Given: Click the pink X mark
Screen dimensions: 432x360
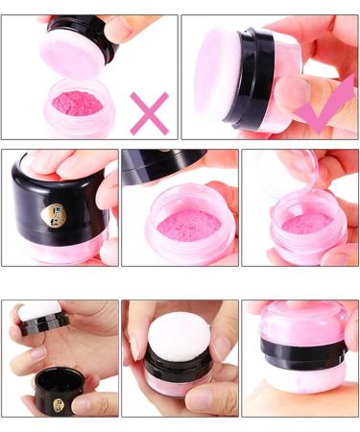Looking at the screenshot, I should [149, 112].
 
